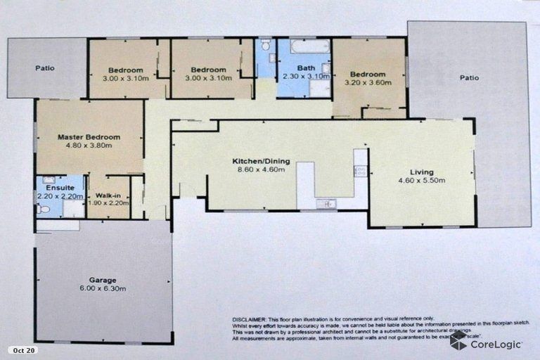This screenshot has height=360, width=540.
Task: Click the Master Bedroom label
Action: point(89,137)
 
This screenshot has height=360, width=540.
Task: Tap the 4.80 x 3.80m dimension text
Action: point(89,147)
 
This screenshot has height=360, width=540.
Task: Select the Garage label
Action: point(102,279)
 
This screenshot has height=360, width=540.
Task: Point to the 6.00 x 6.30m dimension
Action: point(102,288)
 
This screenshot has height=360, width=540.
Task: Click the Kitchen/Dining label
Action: point(258,160)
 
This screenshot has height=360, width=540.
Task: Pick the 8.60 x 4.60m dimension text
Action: point(258,169)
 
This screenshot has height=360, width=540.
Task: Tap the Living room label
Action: point(422,172)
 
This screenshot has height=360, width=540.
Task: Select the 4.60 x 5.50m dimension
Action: point(422,181)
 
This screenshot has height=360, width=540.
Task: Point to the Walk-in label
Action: point(108,195)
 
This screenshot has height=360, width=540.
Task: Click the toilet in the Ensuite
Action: point(44,209)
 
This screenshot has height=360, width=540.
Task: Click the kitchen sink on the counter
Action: point(326,203)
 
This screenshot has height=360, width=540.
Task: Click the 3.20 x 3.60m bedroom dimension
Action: point(368,83)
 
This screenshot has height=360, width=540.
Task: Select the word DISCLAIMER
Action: point(251,317)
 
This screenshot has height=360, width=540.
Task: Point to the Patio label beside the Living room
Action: point(469,78)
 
